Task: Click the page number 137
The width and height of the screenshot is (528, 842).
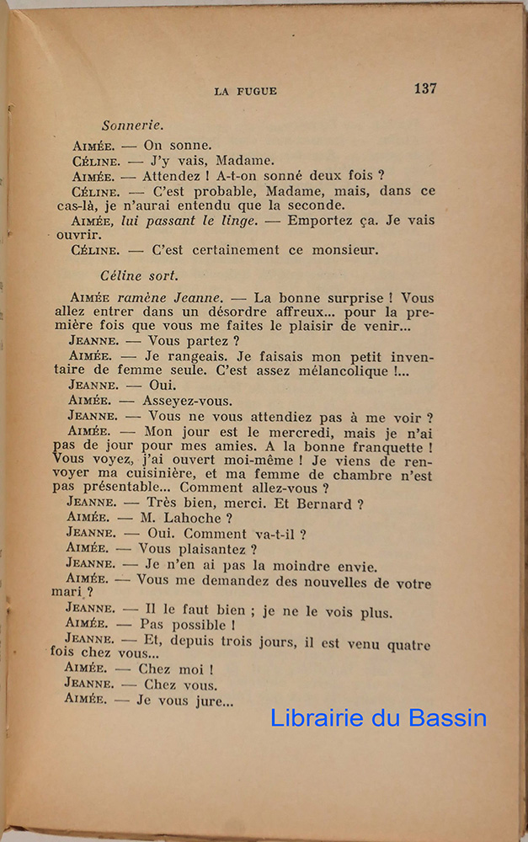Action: click(x=424, y=88)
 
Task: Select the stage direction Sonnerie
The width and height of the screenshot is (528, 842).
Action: click(x=132, y=125)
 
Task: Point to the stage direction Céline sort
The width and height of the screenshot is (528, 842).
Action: click(x=139, y=275)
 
